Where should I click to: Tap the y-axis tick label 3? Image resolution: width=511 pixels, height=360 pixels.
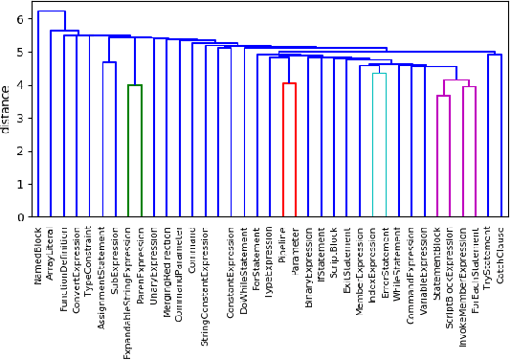[x=21, y=119]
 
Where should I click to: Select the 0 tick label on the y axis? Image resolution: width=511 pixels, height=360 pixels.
[x=21, y=217]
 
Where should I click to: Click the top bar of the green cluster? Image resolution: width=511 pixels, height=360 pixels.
[x=135, y=85]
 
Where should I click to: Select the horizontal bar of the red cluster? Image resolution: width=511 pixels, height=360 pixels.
[x=289, y=83]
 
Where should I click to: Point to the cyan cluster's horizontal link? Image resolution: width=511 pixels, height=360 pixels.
[x=380, y=74]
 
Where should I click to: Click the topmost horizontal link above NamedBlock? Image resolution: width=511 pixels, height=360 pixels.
[x=51, y=11]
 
